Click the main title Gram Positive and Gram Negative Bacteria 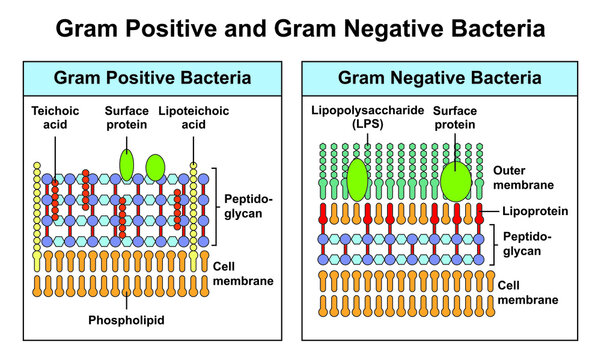300,28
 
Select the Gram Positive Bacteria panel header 153,77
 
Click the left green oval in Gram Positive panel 126,162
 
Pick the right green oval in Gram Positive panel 155,166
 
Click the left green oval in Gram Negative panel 357,182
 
